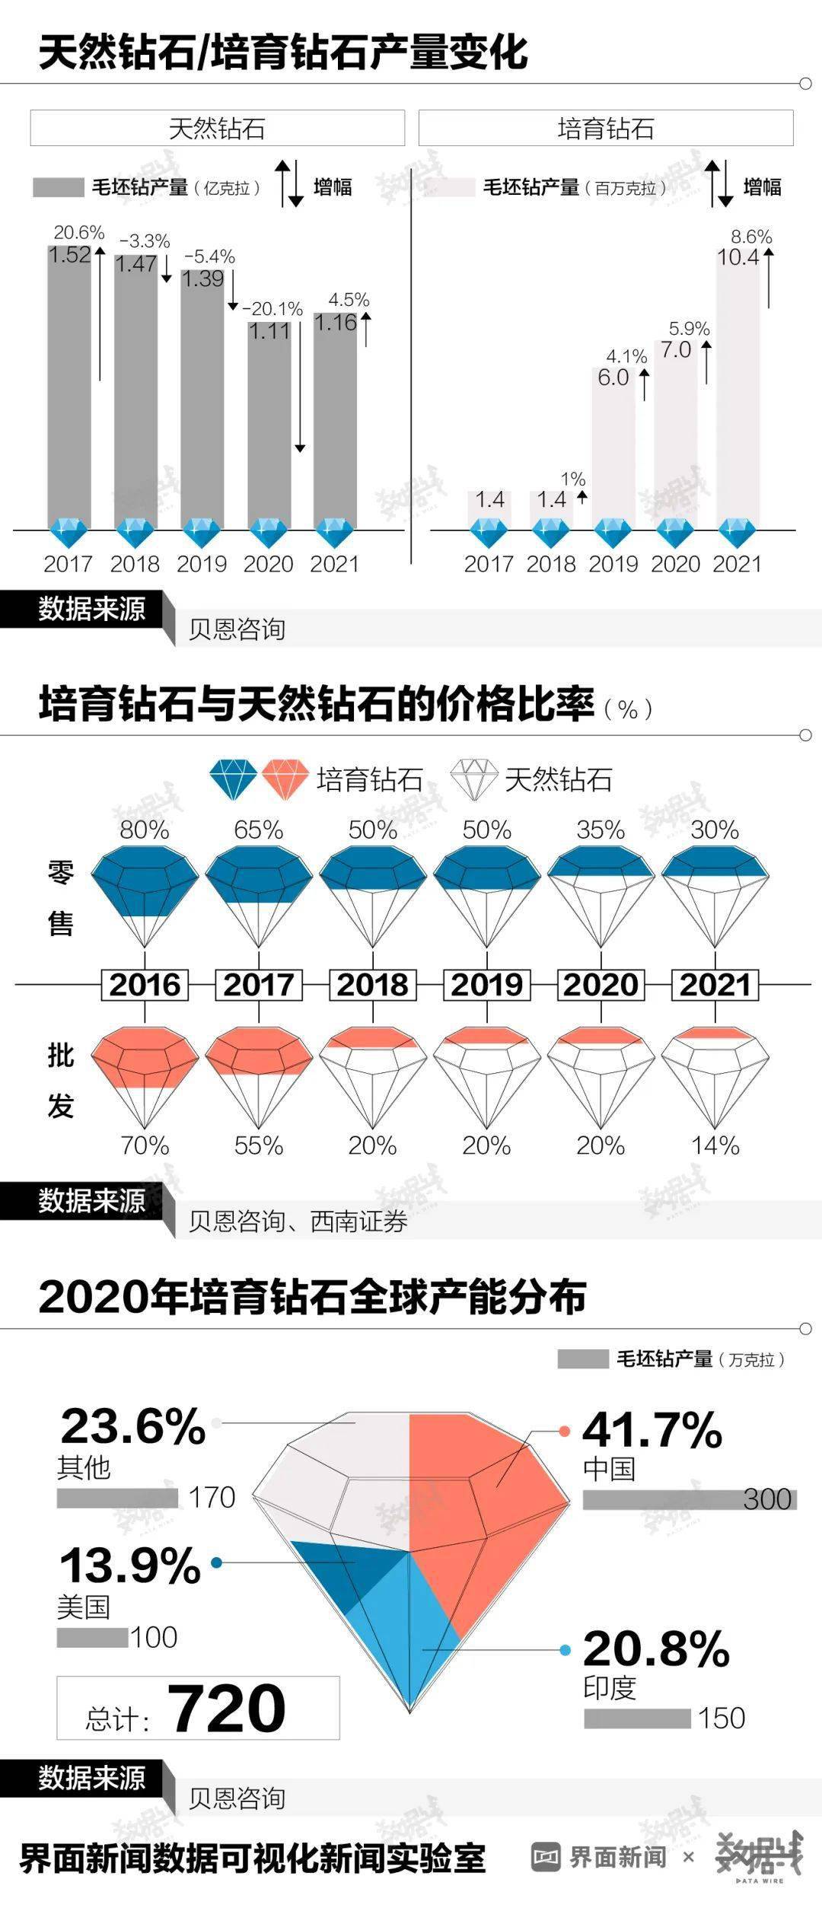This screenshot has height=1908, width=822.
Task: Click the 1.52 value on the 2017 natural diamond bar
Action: [69, 255]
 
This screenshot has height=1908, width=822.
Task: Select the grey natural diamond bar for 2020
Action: [269, 426]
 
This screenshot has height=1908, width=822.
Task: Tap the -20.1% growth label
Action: [272, 309]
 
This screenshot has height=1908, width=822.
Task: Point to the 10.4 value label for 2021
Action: [738, 257]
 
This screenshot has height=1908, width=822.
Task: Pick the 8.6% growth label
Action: [751, 237]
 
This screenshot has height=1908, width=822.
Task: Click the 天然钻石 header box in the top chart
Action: [217, 128]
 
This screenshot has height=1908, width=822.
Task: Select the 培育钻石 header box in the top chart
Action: [606, 128]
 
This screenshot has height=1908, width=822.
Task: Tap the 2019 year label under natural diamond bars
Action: [202, 564]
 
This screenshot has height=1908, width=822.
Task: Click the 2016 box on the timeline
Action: [145, 985]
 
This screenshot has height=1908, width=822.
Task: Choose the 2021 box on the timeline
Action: [715, 985]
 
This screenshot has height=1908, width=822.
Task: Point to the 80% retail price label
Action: [145, 830]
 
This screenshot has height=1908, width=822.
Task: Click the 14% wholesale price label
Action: [715, 1145]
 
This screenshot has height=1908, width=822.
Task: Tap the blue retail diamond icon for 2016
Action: [145, 894]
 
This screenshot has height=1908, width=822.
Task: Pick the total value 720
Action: [226, 1709]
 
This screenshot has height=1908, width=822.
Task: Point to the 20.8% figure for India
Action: [656, 1649]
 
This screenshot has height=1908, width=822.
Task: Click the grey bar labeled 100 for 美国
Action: [92, 1638]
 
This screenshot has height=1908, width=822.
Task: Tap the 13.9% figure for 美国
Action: [130, 1566]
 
